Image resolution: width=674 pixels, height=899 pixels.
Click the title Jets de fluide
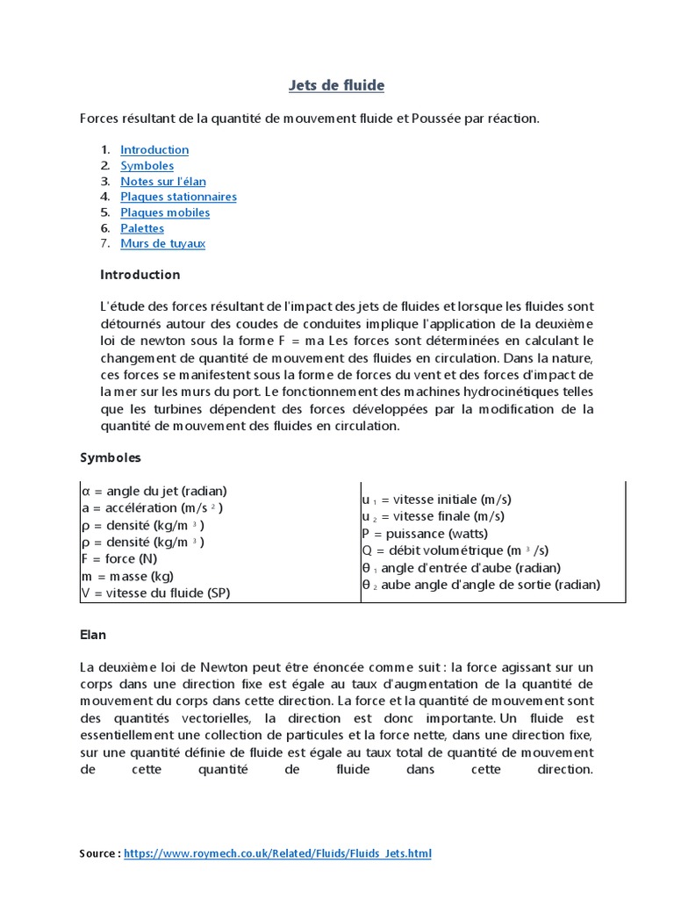[x=337, y=85]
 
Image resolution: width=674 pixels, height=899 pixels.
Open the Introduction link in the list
[x=154, y=150]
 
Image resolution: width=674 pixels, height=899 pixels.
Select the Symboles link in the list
[x=147, y=166]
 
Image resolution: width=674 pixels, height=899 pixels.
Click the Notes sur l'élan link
[x=163, y=182]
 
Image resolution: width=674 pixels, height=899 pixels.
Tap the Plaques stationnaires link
[x=178, y=197]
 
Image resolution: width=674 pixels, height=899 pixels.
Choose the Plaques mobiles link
[x=165, y=212]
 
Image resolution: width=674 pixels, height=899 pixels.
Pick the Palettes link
[x=142, y=228]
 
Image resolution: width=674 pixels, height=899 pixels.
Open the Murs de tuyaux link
[x=162, y=243]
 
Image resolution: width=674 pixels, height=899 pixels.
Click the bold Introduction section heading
[x=140, y=275]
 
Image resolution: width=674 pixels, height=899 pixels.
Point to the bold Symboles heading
[x=111, y=457]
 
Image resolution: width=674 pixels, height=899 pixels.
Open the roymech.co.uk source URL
[x=277, y=853]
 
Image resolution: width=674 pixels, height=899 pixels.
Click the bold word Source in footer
[x=97, y=853]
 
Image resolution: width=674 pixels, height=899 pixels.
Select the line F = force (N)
[x=120, y=558]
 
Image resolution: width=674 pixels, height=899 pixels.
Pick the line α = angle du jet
[x=154, y=491]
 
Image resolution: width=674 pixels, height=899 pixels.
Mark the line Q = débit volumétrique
[x=455, y=550]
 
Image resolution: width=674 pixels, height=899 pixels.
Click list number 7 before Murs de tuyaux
[x=104, y=243]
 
